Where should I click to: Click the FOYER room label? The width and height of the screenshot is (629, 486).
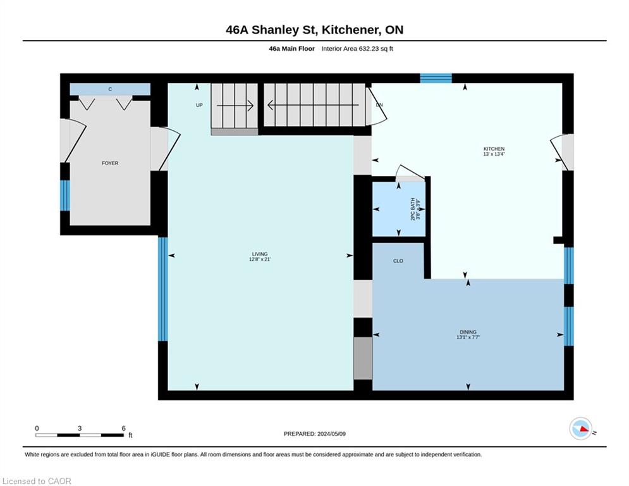110,163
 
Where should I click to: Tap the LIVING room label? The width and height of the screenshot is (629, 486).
260,254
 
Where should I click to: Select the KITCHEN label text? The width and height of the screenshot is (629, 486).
494,149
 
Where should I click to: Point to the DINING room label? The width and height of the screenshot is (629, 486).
468,332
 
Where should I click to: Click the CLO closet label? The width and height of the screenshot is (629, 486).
398,261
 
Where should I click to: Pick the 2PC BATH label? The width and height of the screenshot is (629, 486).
412,209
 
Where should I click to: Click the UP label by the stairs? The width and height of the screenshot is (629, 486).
199,105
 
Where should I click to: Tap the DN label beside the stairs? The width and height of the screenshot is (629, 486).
379,105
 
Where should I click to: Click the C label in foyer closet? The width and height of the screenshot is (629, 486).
110,89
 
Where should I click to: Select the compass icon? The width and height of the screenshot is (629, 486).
580,428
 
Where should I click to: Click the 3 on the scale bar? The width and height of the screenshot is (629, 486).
80,428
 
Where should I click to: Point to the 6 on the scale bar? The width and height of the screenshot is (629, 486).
123,428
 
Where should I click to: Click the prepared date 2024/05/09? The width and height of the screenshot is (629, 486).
331,433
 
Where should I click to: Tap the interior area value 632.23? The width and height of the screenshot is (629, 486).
369,49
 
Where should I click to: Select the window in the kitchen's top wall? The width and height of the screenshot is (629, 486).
436,78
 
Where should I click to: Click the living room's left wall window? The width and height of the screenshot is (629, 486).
163,289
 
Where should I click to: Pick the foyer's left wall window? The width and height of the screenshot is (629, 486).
65,195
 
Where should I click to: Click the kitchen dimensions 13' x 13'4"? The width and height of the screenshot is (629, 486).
494,154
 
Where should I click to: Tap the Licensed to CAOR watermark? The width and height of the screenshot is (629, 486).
37,481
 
